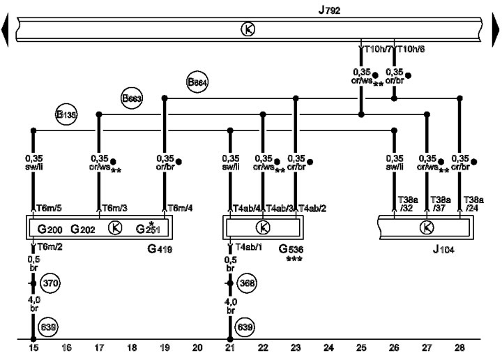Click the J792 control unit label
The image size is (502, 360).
[329, 10]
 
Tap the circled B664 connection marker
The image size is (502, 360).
[197, 82]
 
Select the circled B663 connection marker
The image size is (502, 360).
[132, 98]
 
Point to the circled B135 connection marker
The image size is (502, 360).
[66, 114]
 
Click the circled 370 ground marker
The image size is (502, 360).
[50, 283]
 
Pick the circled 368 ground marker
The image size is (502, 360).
[247, 283]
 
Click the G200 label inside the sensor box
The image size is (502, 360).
[50, 229]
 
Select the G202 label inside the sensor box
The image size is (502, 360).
[82, 229]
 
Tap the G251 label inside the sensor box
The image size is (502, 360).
[148, 228]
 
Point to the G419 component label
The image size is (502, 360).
[160, 249]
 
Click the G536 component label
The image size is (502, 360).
[291, 249]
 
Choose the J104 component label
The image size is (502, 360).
[443, 250]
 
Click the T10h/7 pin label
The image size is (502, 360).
[378, 50]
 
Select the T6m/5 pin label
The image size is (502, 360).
[50, 208]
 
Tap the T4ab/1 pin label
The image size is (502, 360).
[249, 247]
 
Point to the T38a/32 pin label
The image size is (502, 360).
[408, 204]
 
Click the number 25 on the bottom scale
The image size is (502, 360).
[361, 347]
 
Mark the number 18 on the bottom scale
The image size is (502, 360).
[132, 347]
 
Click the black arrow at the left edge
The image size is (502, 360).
[5, 30]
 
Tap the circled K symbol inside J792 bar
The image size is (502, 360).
[248, 29]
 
